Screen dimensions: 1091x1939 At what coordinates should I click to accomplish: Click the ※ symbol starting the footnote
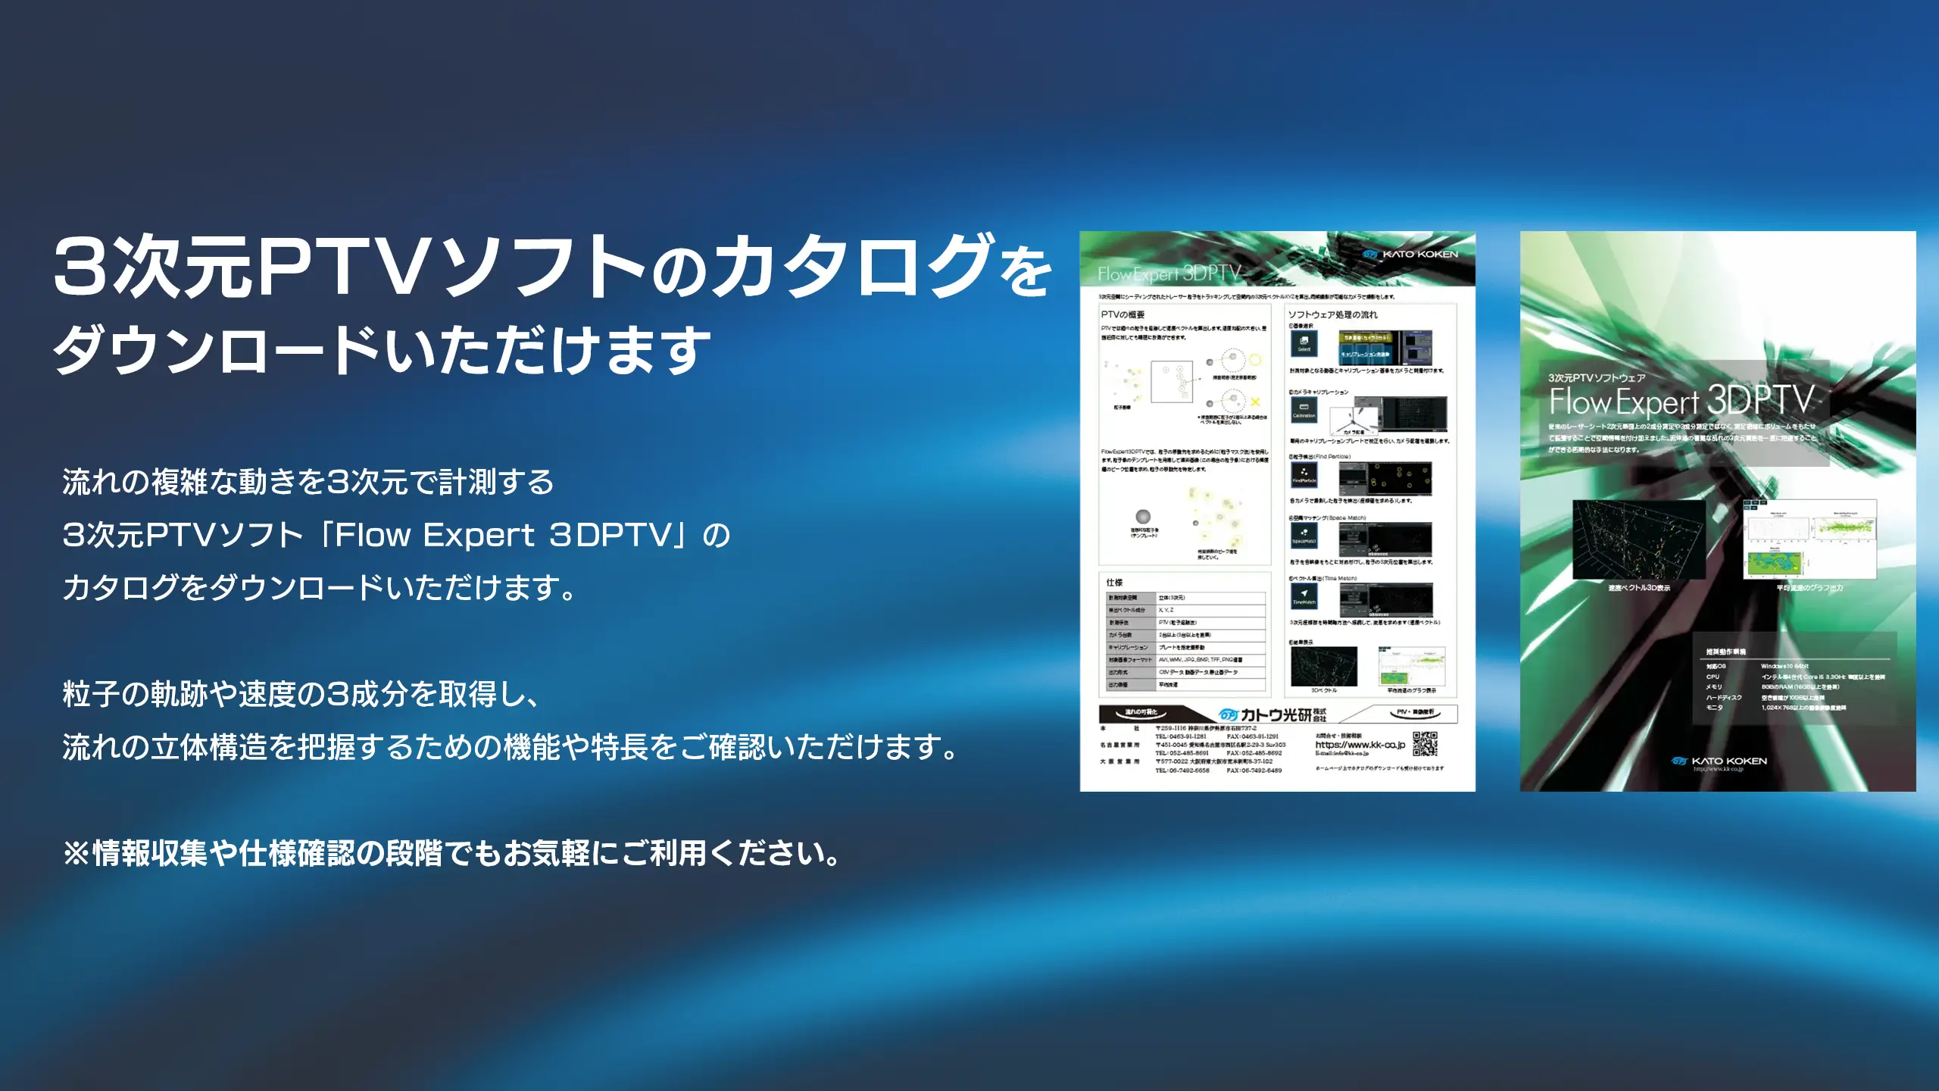pyautogui.click(x=76, y=854)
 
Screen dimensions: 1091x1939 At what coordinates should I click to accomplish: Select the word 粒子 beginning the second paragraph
pyautogui.click(x=91, y=694)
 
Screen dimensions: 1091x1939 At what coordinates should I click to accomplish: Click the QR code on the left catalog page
pyautogui.click(x=1425, y=744)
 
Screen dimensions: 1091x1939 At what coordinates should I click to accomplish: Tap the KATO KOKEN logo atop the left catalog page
pyautogui.click(x=1410, y=255)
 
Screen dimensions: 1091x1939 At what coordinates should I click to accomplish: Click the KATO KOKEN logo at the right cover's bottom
pyautogui.click(x=1719, y=761)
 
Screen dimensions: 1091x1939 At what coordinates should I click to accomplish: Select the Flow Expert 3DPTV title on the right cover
pyautogui.click(x=1681, y=400)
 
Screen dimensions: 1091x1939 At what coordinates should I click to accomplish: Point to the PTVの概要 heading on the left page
pyautogui.click(x=1122, y=314)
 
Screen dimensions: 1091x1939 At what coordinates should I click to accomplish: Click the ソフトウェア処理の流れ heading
pyautogui.click(x=1333, y=314)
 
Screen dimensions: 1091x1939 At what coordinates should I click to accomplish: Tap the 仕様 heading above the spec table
pyautogui.click(x=1114, y=582)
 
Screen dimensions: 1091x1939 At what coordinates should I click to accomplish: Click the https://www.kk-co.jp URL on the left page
pyautogui.click(x=1360, y=745)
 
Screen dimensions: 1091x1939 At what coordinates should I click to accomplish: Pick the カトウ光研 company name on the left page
pyautogui.click(x=1275, y=714)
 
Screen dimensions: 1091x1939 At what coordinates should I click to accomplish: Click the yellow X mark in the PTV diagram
pyautogui.click(x=1255, y=402)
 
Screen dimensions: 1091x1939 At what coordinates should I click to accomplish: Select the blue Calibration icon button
pyautogui.click(x=1304, y=410)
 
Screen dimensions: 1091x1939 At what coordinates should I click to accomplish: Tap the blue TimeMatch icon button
pyautogui.click(x=1304, y=596)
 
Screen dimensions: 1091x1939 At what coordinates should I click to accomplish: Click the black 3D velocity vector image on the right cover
pyautogui.click(x=1639, y=539)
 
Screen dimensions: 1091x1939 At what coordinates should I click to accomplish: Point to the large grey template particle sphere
pyautogui.click(x=1144, y=517)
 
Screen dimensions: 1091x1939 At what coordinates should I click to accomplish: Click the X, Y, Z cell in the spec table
pyautogui.click(x=1166, y=610)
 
